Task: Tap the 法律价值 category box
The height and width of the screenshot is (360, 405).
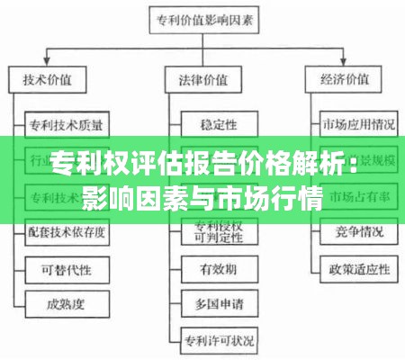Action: click(x=204, y=79)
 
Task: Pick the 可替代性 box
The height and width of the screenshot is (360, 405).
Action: click(x=65, y=268)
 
